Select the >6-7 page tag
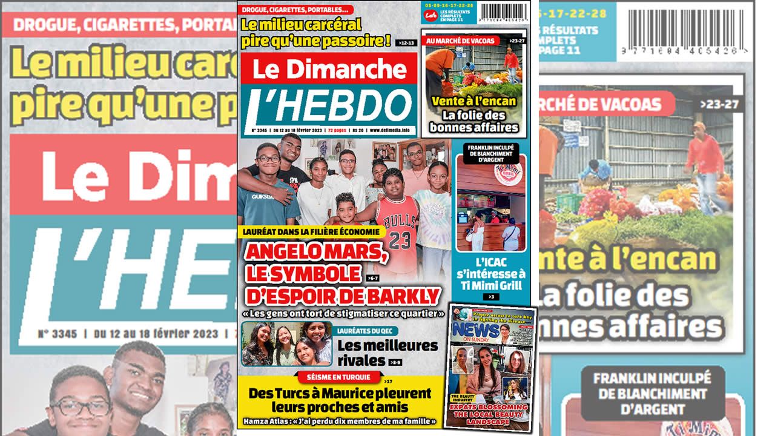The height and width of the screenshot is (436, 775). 373,278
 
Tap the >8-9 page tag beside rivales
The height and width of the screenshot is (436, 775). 395,362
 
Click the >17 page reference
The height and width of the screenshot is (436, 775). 388,381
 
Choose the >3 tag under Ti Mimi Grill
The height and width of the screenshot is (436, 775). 491,296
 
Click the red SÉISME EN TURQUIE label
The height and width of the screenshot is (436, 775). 339,377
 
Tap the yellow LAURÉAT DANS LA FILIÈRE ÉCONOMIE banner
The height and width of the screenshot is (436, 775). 312,231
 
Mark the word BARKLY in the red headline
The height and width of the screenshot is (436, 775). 407,296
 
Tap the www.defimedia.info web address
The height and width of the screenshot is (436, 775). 391,130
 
